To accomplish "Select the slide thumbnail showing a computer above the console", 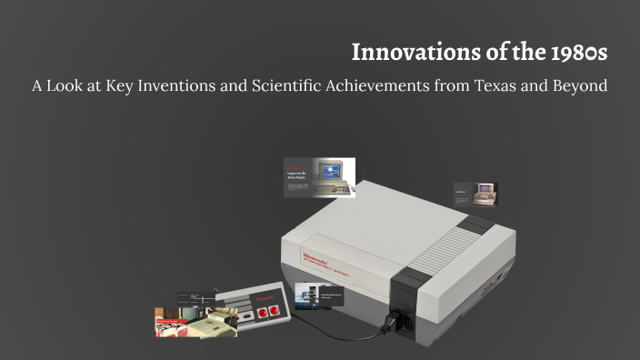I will coord(319,177).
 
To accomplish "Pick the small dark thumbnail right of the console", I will coord(475,193).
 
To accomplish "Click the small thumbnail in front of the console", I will coord(319,295).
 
